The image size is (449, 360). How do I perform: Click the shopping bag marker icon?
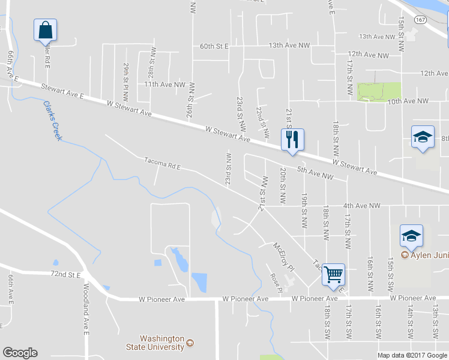46,29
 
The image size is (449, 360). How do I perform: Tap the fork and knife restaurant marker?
292,140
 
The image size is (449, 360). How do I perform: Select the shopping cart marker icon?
333,275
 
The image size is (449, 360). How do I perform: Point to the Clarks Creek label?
52,120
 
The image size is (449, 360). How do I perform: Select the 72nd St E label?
66,275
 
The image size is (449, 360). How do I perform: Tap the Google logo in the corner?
20,353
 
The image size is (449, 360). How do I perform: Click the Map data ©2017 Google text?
412,355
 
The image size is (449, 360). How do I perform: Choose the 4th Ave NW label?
362,206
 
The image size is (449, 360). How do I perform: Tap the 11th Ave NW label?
164,85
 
